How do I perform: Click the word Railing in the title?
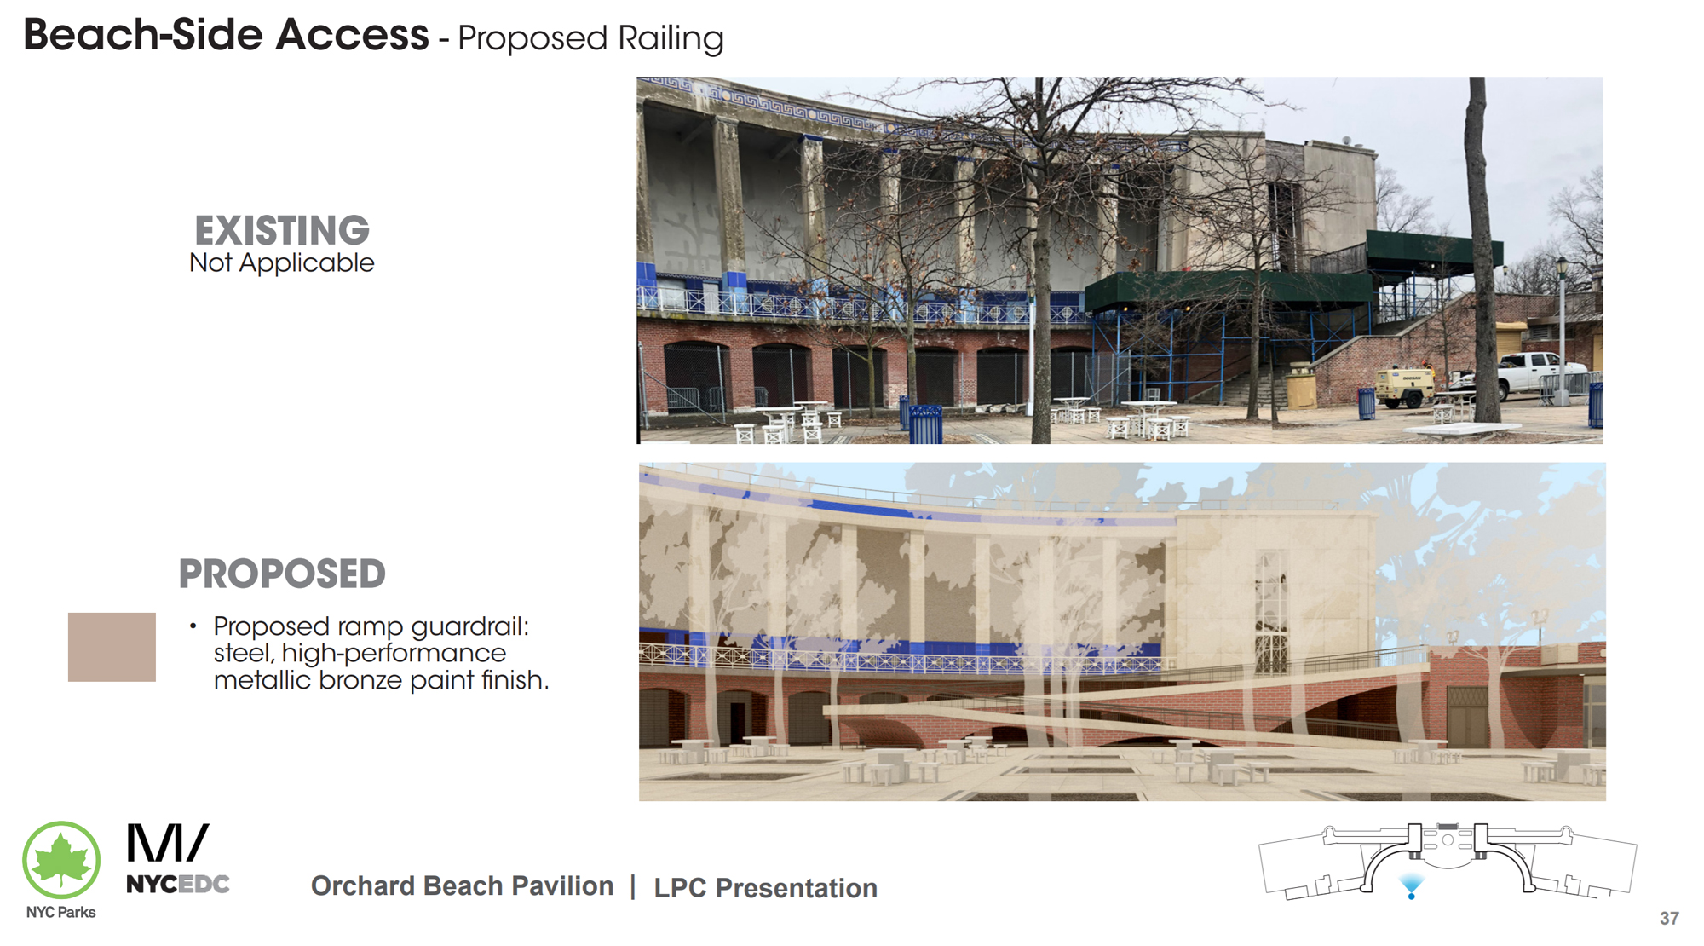[671, 39]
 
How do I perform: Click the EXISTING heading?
[282, 230]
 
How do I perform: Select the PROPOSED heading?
[282, 574]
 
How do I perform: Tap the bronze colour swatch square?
[112, 647]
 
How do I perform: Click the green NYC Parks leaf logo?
[61, 860]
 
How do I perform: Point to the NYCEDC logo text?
[178, 885]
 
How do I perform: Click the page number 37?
[1669, 919]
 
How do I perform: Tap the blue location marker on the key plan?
[1411, 886]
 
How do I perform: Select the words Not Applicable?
[282, 262]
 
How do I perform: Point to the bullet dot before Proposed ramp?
[193, 626]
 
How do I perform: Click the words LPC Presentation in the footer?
[765, 888]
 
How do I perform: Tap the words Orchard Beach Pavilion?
[462, 886]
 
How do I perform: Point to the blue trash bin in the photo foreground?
[926, 424]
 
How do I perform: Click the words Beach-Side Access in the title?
[226, 36]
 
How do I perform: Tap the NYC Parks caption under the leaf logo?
[60, 913]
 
